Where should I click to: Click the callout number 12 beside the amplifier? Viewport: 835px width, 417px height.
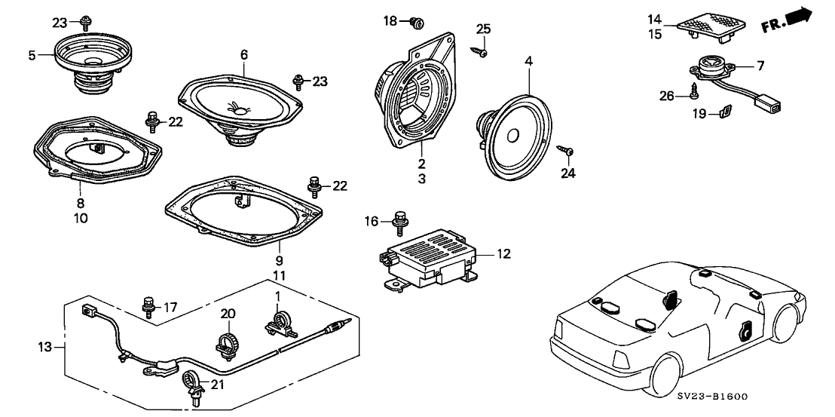503,254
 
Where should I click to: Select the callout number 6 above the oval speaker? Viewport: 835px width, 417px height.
244,54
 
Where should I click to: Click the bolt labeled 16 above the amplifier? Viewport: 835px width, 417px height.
400,222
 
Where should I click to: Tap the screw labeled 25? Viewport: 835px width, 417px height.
482,51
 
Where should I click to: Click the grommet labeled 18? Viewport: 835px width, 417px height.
414,23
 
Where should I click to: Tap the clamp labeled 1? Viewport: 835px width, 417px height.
281,323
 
